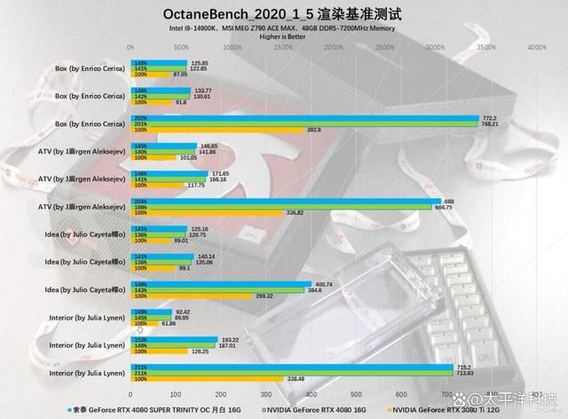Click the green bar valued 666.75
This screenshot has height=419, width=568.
pos(284,207)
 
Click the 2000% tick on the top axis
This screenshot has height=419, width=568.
pos(332,47)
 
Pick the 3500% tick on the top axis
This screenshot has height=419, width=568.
pos(484,47)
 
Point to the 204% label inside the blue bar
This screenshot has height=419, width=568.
pos(140,202)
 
